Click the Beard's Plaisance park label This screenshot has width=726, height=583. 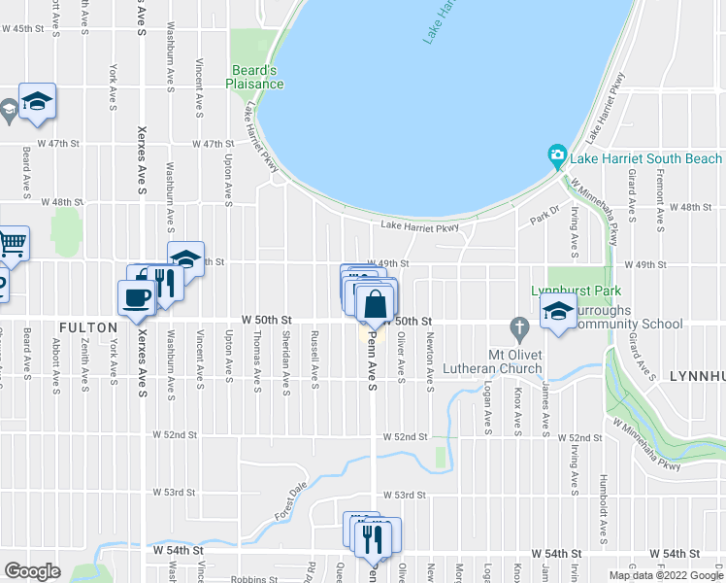(257, 77)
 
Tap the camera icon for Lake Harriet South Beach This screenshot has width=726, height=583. (557, 155)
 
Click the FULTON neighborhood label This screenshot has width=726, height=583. (87, 327)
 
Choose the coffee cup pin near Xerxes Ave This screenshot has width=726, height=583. (137, 297)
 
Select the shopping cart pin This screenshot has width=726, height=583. (12, 242)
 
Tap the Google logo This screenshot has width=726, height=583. (32, 571)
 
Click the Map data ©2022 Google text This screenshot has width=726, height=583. (665, 575)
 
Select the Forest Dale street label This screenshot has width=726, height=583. (289, 499)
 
